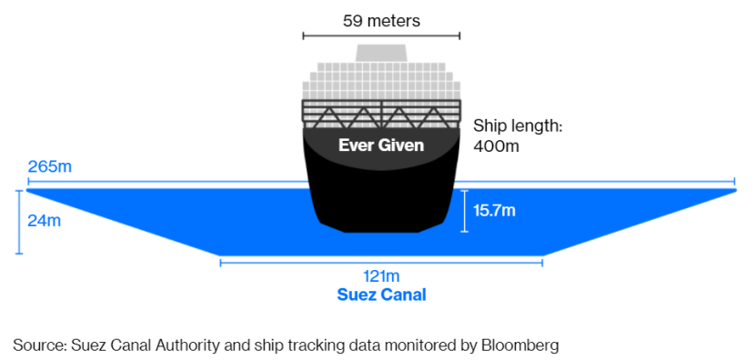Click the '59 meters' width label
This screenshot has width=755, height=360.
click(381, 21)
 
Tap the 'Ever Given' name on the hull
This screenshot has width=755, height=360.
click(381, 145)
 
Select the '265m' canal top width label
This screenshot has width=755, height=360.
click(50, 167)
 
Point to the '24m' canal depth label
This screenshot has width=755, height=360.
click(45, 222)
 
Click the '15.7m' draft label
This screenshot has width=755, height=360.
click(495, 210)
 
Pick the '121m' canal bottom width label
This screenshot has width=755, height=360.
click(381, 276)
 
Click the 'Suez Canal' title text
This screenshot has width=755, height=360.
click(381, 295)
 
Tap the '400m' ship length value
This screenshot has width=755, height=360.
click(497, 145)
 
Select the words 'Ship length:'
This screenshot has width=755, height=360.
click(518, 127)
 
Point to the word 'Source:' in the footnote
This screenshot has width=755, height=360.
click(40, 345)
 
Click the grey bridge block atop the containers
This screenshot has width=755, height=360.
click(381, 53)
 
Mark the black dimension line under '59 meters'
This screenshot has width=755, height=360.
click(381, 35)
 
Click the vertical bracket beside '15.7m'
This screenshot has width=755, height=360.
click(464, 211)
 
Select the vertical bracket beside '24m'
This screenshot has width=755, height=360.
click(19, 222)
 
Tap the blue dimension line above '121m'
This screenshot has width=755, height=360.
click(381, 263)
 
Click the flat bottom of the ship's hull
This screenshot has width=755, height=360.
click(381, 232)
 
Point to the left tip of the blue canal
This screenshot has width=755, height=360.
click(26, 191)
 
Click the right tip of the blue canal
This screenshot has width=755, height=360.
click(736, 191)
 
